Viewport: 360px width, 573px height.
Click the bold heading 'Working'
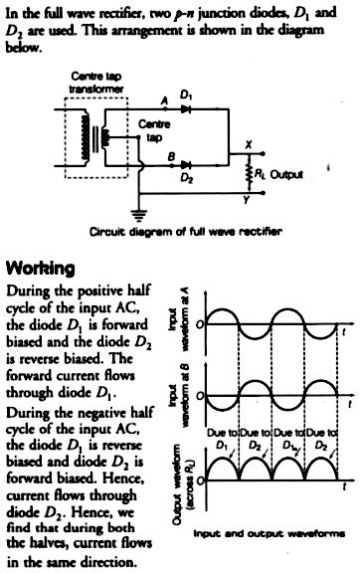(x=41, y=269)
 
